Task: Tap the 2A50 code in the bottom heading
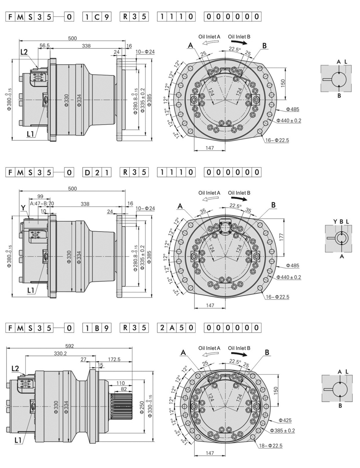(176, 328)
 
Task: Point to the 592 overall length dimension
(70, 346)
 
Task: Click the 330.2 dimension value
(60, 354)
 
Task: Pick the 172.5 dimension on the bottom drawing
(114, 359)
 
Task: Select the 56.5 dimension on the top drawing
(45, 46)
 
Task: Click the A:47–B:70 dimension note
(42, 203)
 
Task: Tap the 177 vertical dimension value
(282, 237)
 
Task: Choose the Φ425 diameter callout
(285, 420)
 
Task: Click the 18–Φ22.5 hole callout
(270, 446)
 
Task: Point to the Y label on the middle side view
(23, 207)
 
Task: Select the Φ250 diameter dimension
(142, 407)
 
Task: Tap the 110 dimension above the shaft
(120, 383)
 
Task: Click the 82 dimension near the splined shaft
(124, 389)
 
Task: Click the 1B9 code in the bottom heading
(97, 328)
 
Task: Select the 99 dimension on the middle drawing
(40, 196)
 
